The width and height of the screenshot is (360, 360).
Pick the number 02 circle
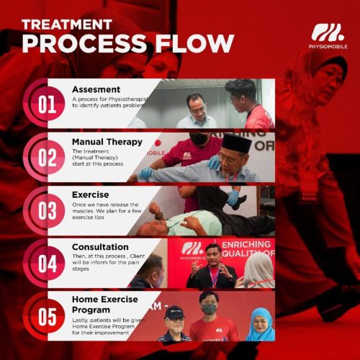pos(48,158)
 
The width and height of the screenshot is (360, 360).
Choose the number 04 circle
pos(48,264)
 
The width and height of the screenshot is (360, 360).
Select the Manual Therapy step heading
pos(107,142)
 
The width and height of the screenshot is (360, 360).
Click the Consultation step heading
pos(101,247)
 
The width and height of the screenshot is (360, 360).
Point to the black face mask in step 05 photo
pos(209,309)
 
